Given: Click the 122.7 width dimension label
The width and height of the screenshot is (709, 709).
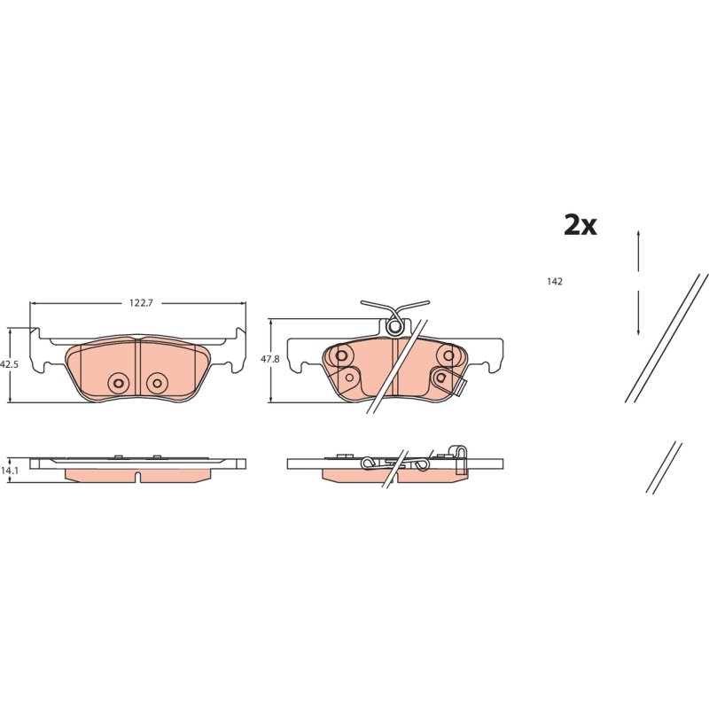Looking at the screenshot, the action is point(142,303).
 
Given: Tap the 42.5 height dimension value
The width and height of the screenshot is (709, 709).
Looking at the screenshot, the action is point(9,364).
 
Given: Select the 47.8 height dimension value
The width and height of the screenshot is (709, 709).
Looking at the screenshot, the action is point(270,359).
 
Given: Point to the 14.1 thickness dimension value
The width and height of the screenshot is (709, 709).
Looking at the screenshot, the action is point(9,471).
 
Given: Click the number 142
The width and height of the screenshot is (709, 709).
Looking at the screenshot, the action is point(555,282).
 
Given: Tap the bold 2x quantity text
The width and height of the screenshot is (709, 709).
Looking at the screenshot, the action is point(580,225).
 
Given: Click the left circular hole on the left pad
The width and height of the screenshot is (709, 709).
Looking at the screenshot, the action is point(119,383).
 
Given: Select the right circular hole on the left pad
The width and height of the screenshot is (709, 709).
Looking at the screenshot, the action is point(157,383).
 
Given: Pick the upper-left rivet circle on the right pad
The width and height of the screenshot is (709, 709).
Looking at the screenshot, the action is point(341,355).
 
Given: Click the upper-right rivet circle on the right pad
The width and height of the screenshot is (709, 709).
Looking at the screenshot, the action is point(448,355).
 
